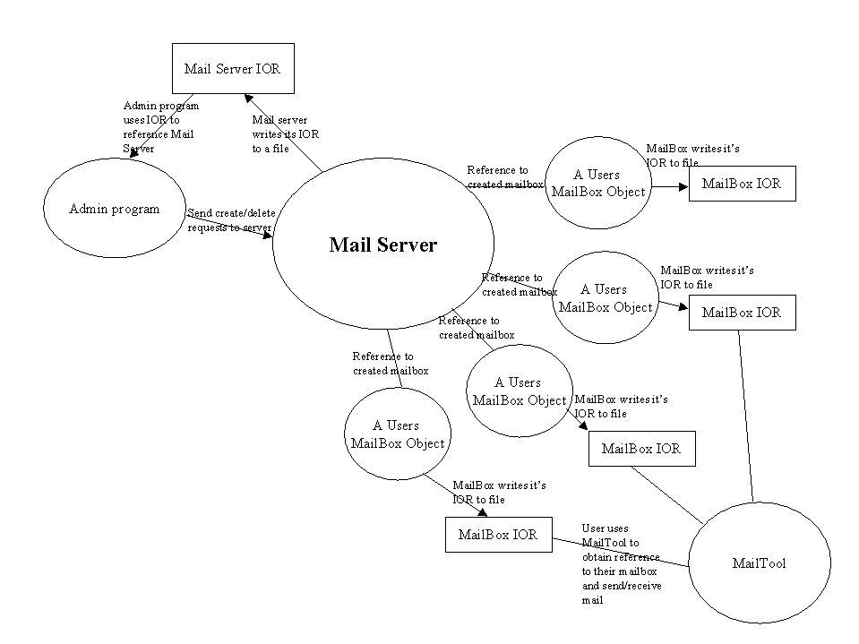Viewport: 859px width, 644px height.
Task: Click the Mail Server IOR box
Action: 232,68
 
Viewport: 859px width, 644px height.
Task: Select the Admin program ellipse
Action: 114,210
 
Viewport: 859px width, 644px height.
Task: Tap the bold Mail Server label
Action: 383,245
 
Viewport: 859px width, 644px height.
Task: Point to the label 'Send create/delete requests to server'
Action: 231,220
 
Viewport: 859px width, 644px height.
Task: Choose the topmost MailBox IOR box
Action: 741,184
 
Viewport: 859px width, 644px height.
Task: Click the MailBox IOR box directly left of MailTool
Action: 498,535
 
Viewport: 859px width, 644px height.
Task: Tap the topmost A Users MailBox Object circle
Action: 597,183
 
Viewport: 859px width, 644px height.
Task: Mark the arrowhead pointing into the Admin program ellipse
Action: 134,153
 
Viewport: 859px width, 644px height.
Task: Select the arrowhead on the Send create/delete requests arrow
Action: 268,236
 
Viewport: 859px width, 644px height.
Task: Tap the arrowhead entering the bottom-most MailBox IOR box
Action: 483,513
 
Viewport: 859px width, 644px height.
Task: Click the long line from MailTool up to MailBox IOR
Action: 746,416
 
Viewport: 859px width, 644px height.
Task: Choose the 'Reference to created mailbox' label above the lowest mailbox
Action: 390,364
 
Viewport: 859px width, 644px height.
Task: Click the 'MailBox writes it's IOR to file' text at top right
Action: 691,156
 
